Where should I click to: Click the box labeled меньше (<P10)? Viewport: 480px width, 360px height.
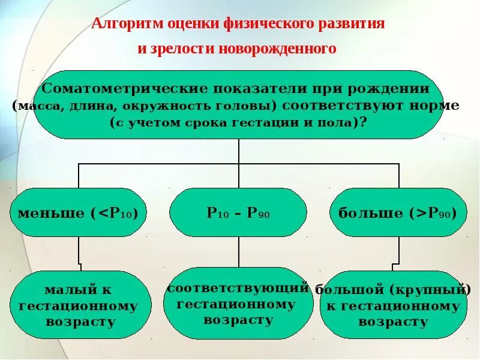[79, 213]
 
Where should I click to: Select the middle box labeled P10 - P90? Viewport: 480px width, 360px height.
[238, 213]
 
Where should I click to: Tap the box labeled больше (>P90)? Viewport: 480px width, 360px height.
[398, 213]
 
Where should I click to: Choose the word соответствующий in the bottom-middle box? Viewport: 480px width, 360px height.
[238, 288]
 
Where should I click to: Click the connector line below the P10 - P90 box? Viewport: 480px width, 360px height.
[238, 252]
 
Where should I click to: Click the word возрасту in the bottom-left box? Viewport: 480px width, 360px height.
[80, 322]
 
